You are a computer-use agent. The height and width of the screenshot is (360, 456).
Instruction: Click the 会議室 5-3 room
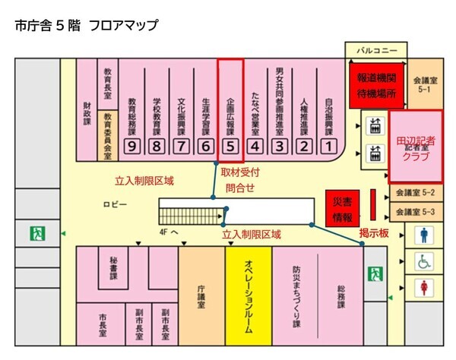coord(417,212)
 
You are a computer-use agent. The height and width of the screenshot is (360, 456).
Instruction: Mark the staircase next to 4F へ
coord(187,210)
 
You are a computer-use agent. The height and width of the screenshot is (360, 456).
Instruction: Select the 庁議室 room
coord(201,292)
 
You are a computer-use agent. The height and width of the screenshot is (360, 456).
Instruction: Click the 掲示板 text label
coord(374,233)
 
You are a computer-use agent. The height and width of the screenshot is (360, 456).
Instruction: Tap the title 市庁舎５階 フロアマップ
coord(86,25)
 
